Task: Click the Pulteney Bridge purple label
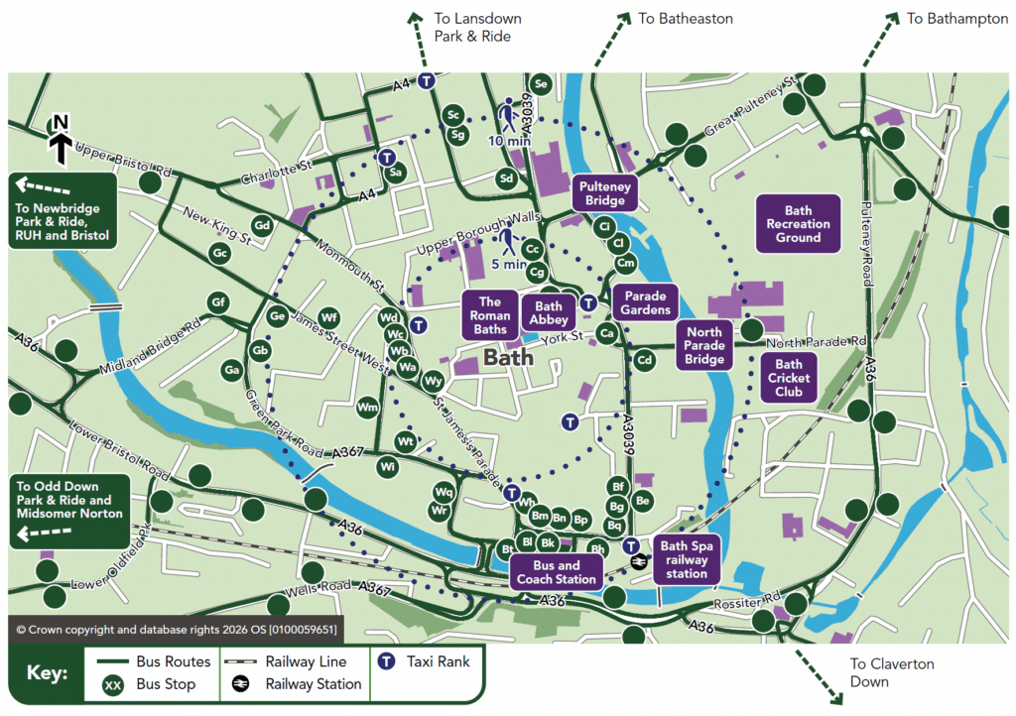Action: tap(604, 192)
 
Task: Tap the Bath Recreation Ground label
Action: tap(798, 224)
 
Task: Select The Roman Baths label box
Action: tap(490, 315)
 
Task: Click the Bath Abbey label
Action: tap(549, 313)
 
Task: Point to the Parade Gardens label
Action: tap(645, 302)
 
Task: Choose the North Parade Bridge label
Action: tap(704, 345)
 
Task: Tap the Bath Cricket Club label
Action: tap(789, 378)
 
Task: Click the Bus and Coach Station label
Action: tap(556, 573)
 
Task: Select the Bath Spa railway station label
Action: tap(687, 559)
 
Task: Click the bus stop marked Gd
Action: tap(263, 226)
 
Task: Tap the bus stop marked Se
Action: tap(541, 83)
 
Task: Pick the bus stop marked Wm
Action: tap(368, 408)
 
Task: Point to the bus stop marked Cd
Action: tap(644, 360)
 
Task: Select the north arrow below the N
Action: tap(60, 149)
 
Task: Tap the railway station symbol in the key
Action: tap(240, 684)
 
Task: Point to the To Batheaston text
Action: tap(685, 19)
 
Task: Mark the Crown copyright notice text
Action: tap(176, 629)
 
